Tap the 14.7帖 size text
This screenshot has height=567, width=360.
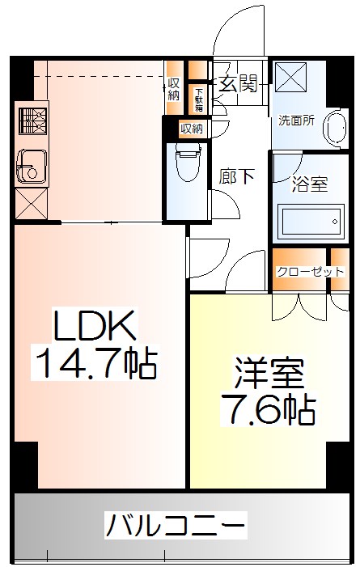[x=93, y=364]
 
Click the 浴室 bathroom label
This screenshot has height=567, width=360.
[x=309, y=184]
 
